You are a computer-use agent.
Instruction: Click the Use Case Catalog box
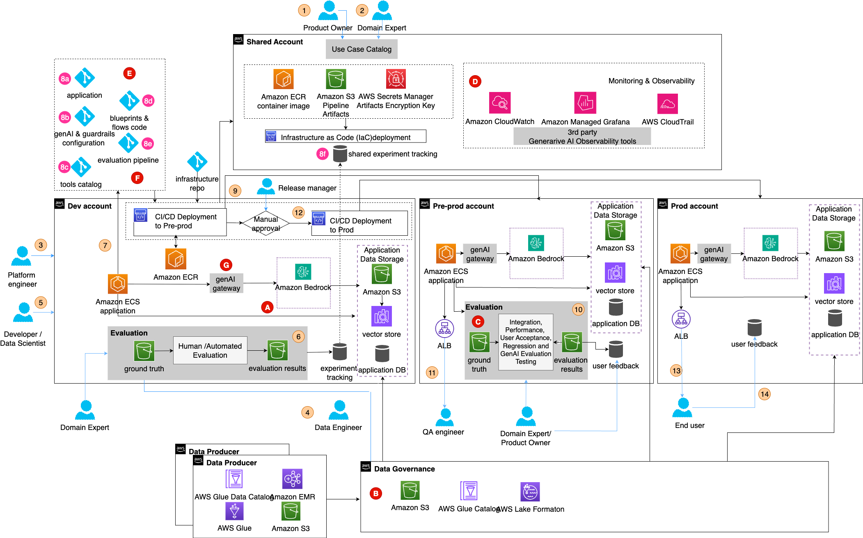click(x=362, y=49)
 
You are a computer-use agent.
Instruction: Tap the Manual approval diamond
click(x=266, y=223)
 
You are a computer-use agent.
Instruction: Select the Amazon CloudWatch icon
click(x=499, y=103)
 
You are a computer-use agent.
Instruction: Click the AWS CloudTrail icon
click(x=667, y=103)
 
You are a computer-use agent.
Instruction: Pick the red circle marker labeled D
click(x=475, y=81)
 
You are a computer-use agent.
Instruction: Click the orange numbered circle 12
click(x=298, y=213)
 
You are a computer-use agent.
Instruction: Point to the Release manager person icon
click(x=266, y=186)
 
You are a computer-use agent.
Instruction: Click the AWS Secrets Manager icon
click(x=396, y=79)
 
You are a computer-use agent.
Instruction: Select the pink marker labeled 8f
click(x=323, y=154)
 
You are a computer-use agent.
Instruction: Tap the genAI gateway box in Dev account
click(x=226, y=283)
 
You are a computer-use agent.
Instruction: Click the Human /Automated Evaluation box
click(x=210, y=350)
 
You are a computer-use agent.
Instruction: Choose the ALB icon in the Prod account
click(x=681, y=319)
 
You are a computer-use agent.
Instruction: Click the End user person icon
click(x=682, y=407)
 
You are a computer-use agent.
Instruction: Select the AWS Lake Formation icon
click(x=530, y=492)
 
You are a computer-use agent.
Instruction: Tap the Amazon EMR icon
click(x=292, y=479)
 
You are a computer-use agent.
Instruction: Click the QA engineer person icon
click(x=445, y=417)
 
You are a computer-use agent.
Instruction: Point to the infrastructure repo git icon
click(x=197, y=162)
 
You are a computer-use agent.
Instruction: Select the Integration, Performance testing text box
click(x=526, y=342)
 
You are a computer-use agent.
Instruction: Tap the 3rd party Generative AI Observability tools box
click(x=582, y=136)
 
